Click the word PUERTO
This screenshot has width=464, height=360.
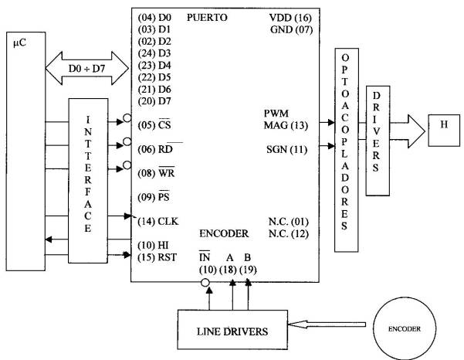coord(206,17)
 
